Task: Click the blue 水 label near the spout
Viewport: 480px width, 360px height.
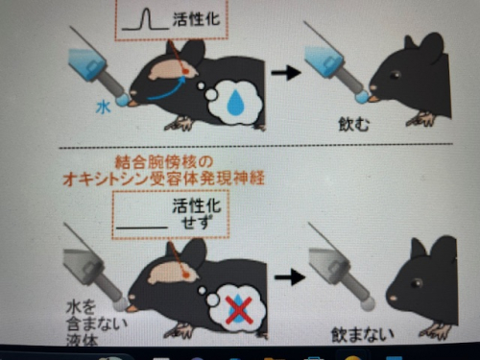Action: (104, 108)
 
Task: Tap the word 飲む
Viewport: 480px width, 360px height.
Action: (354, 124)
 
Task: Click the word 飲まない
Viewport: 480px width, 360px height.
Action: (362, 335)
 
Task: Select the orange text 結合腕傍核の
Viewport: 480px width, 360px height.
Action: (164, 162)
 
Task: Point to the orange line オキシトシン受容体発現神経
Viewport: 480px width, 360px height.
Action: (164, 179)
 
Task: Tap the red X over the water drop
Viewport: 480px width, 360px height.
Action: (239, 310)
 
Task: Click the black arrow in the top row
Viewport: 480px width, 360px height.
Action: (286, 72)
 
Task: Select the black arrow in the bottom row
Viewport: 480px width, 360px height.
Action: (290, 276)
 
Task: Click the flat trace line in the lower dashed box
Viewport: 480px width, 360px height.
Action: (142, 228)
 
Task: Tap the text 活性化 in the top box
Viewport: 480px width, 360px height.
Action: (197, 19)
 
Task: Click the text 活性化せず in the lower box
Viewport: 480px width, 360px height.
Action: (197, 213)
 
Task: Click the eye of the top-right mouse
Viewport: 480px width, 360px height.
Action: (395, 75)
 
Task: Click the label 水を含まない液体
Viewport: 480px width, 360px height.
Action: (95, 324)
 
